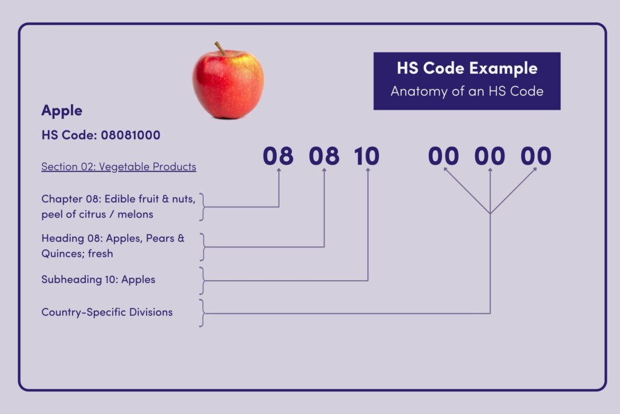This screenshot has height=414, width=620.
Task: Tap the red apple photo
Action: point(228,81)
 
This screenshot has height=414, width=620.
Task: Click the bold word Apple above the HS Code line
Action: point(62,111)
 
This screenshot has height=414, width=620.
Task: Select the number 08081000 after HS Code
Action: point(131,135)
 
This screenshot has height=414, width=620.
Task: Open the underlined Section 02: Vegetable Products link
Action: point(119,167)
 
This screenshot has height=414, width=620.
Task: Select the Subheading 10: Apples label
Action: point(98,279)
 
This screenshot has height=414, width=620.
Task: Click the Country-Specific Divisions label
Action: point(107,312)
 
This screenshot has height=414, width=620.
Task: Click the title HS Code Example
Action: point(467,68)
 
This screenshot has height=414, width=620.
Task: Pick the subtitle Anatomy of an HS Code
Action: point(467,92)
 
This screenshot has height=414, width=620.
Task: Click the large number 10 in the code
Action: point(366,156)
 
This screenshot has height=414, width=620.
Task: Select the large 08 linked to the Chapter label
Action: point(278,156)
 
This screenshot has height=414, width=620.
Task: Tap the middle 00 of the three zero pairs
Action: point(489,156)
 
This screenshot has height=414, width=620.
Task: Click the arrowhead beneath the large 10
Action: point(368,170)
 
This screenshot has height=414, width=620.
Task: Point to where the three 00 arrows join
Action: point(490,213)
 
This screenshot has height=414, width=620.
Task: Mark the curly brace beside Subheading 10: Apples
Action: point(202,281)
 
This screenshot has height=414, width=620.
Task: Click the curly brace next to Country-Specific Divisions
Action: point(202,313)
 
